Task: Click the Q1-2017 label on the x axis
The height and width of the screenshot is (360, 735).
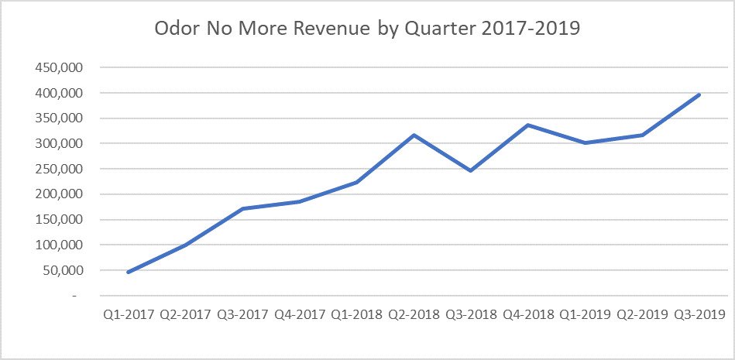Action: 127,314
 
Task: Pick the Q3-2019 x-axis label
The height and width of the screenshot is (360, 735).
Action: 699,314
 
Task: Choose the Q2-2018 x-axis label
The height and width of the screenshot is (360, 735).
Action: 414,314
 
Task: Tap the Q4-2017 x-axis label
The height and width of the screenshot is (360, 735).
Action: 299,314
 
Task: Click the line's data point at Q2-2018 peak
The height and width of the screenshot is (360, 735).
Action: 414,135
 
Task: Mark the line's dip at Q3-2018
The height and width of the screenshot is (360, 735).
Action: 471,170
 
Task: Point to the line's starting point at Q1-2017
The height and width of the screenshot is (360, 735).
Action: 127,273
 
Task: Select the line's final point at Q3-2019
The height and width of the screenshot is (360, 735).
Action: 699,94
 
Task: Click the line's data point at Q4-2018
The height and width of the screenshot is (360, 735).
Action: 528,125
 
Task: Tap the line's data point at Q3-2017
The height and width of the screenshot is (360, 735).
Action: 242,209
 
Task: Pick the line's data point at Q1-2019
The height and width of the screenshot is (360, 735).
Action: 586,143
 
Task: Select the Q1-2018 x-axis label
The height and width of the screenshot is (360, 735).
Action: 356,314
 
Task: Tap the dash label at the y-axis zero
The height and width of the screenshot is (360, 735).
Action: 75,296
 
